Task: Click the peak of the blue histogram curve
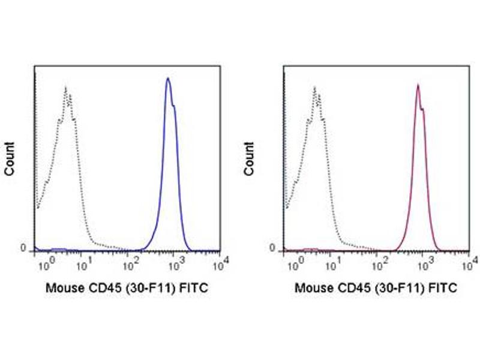click(x=168, y=79)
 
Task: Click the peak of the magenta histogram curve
click(x=418, y=85)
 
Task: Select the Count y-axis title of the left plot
click(x=10, y=158)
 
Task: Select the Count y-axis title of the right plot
click(x=249, y=158)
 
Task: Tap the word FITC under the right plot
click(x=444, y=288)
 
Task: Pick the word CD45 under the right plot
click(x=351, y=288)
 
